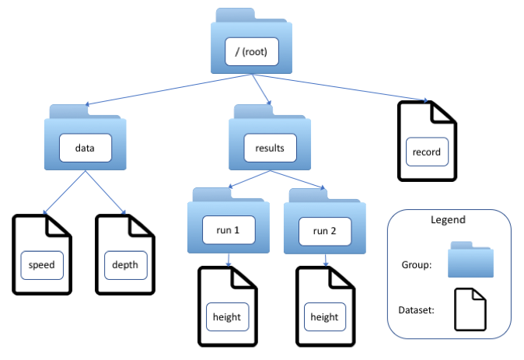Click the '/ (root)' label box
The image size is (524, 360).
[x=250, y=53]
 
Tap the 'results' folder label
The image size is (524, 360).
[x=270, y=148]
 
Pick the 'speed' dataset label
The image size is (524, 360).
[x=41, y=264]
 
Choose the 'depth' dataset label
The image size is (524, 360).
[x=124, y=264]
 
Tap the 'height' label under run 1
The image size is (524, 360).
[x=227, y=316]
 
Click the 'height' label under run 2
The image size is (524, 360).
[x=324, y=316]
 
